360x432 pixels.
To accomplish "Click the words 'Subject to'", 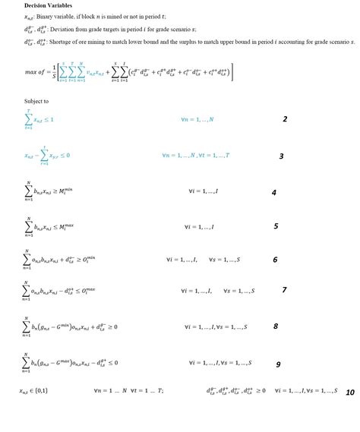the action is [x=36, y=101].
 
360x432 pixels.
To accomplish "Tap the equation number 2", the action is [x=285, y=119].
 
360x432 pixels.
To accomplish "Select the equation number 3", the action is [x=281, y=156].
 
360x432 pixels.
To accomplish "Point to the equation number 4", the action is [x=274, y=193].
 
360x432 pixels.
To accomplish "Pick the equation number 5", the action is [x=276, y=226].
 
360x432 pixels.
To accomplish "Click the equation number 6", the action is [x=275, y=260].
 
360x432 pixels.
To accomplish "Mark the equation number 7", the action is [x=284, y=290].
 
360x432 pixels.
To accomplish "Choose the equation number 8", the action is [x=276, y=326].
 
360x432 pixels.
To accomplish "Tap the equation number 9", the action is [x=278, y=364].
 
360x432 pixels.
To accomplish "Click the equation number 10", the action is [x=350, y=393].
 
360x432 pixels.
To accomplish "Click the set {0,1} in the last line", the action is [x=48, y=390].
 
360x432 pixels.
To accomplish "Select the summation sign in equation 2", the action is [x=28, y=119].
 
